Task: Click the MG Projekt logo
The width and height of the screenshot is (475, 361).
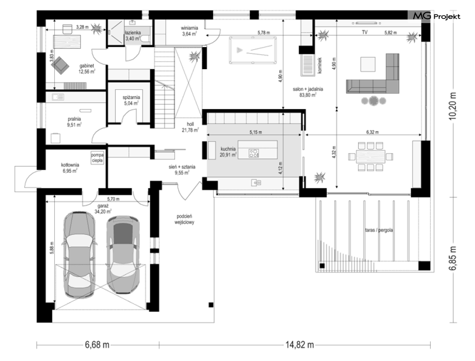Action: pyautogui.click(x=437, y=16)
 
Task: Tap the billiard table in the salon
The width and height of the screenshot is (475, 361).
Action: pyautogui.click(x=252, y=50)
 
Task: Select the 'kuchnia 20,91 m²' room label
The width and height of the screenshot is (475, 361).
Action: pyautogui.click(x=228, y=152)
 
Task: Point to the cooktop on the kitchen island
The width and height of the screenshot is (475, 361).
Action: pyautogui.click(x=253, y=153)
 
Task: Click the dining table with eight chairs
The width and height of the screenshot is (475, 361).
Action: pyautogui.click(x=370, y=157)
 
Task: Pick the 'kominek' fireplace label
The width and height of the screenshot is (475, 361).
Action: pyautogui.click(x=320, y=66)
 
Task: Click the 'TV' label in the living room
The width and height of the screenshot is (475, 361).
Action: pyautogui.click(x=365, y=32)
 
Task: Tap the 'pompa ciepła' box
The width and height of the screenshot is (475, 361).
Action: pyautogui.click(x=97, y=158)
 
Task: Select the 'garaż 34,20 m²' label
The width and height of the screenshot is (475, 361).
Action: pyautogui.click(x=103, y=209)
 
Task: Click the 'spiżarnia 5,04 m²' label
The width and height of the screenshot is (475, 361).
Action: pyautogui.click(x=131, y=100)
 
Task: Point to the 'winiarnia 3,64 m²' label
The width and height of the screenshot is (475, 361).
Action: pyautogui.click(x=190, y=31)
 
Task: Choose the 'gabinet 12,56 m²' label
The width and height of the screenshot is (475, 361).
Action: pyautogui.click(x=87, y=69)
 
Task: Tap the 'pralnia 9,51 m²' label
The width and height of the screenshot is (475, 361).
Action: pyautogui.click(x=74, y=122)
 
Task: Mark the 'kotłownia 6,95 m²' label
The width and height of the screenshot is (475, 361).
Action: pyautogui.click(x=70, y=168)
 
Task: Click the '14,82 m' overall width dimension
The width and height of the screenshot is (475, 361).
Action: pyautogui.click(x=299, y=345)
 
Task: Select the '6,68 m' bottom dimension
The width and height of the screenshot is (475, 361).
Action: pyautogui.click(x=97, y=345)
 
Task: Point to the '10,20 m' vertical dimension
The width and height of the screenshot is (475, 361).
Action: pyautogui.click(x=453, y=106)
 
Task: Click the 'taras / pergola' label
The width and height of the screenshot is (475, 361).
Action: pyautogui.click(x=379, y=230)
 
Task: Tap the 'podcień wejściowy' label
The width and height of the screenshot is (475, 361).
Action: pyautogui.click(x=184, y=219)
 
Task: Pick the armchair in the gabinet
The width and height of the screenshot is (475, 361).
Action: pyautogui.click(x=62, y=65)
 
